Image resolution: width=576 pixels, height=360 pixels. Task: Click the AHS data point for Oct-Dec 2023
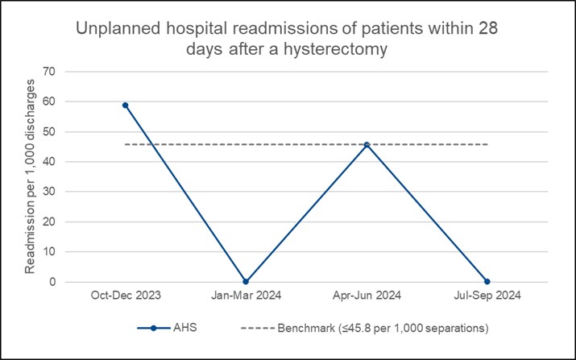pos(125,105)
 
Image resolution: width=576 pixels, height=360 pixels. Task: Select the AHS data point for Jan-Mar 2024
pos(246,282)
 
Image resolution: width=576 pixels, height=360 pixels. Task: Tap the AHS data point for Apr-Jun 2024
pos(367,145)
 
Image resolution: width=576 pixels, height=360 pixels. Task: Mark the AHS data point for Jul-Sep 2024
pos(487,282)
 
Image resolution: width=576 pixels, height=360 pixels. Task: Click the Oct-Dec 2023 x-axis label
pos(125,296)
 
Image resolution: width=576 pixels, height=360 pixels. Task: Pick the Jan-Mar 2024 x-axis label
pos(246,296)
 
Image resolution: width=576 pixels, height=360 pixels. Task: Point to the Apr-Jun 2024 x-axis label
pos(367,296)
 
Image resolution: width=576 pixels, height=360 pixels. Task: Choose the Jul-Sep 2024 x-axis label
pos(487,296)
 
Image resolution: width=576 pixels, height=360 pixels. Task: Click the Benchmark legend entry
pos(363,329)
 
